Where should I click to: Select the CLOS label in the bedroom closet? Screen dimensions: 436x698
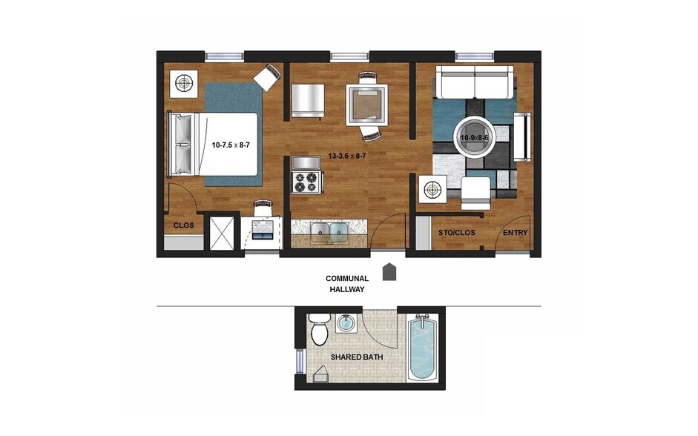click(183, 225)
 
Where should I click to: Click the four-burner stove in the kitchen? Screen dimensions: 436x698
click(306, 182)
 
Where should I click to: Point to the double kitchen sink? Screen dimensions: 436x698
click(329, 232)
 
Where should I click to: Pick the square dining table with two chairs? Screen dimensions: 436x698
click(366, 104)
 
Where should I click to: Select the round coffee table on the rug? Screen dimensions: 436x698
click(474, 137)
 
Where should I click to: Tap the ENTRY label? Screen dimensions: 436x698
click(516, 233)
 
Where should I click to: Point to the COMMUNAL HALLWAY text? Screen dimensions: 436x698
click(347, 284)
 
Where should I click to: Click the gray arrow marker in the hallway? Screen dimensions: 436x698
click(389, 271)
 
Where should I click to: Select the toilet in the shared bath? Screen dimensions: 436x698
click(320, 329)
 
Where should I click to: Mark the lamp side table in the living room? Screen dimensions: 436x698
click(432, 190)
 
